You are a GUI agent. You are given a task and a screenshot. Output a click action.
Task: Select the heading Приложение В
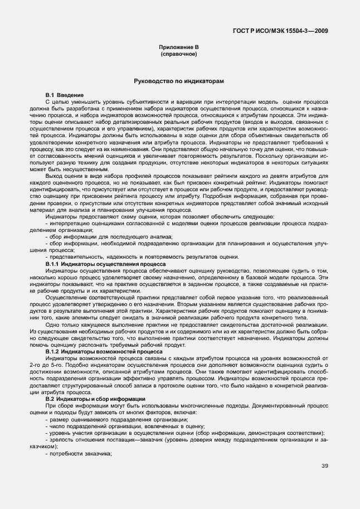(x=179, y=49)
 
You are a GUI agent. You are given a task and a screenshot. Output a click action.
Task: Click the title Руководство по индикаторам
(x=179, y=81)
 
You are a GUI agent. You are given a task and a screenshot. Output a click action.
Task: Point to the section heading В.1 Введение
(x=65, y=96)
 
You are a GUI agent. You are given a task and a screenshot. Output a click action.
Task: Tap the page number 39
(x=325, y=466)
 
